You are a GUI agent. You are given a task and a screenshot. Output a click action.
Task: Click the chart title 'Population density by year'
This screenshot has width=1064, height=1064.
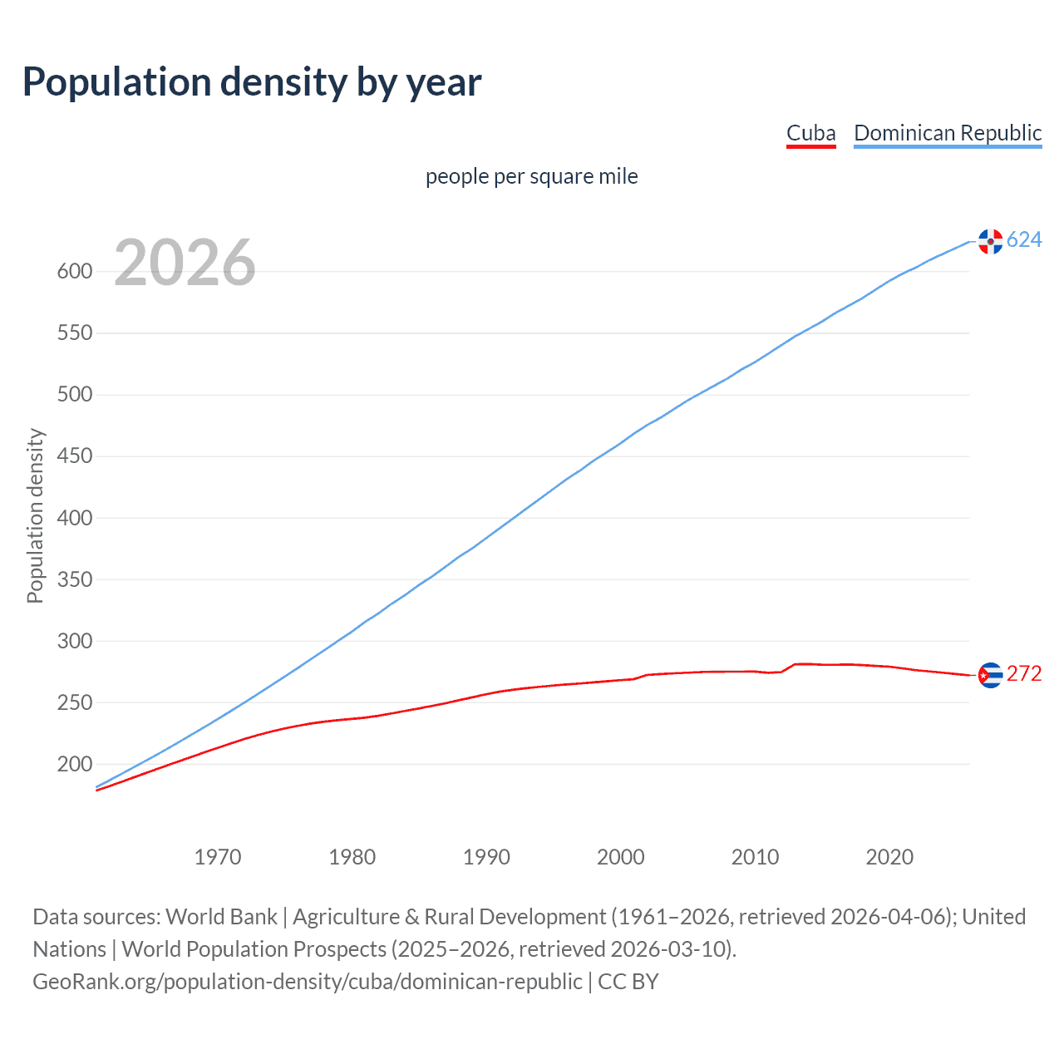pos(252,82)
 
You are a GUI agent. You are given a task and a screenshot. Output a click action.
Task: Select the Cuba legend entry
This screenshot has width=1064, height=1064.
pos(810,134)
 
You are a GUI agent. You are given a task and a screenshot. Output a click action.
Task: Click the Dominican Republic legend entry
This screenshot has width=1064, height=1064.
pos(948,134)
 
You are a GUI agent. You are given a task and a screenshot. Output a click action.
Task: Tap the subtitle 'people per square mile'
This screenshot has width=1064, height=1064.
pos(532,176)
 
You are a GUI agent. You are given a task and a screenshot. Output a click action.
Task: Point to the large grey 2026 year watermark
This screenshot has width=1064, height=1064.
pos(185,263)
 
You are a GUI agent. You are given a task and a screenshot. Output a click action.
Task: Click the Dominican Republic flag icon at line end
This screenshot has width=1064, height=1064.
pos(990,241)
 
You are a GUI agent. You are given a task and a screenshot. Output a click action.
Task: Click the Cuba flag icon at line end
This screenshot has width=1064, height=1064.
pos(990,675)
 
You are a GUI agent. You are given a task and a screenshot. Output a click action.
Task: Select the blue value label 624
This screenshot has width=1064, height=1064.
pos(1024,240)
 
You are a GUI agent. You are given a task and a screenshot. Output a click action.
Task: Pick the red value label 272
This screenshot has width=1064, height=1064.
pos(1024,674)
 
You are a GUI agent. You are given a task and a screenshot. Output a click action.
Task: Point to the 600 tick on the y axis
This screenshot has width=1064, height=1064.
pos(75,272)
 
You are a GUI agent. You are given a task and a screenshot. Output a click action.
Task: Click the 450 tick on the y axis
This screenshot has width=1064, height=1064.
pos(75,456)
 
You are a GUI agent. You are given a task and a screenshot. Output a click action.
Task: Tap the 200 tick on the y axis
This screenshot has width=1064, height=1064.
pos(75,764)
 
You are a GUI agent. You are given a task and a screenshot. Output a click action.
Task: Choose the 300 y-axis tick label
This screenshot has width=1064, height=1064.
pos(75,641)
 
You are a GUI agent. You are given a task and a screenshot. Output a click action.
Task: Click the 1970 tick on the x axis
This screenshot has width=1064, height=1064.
pos(218,857)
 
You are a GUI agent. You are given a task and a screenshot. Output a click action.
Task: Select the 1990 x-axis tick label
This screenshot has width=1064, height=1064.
pos(486,857)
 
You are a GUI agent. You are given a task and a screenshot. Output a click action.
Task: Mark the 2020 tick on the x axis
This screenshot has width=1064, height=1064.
pos(889,857)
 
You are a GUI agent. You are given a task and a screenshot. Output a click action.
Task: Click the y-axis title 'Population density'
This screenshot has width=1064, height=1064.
pos(35,515)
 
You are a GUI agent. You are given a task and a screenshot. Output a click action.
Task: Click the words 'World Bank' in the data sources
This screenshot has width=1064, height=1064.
pos(221,917)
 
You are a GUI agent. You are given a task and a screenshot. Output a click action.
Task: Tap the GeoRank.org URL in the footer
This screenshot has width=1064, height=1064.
pos(308,982)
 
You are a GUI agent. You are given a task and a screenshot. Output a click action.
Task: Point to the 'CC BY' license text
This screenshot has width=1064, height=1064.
pos(628,982)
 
